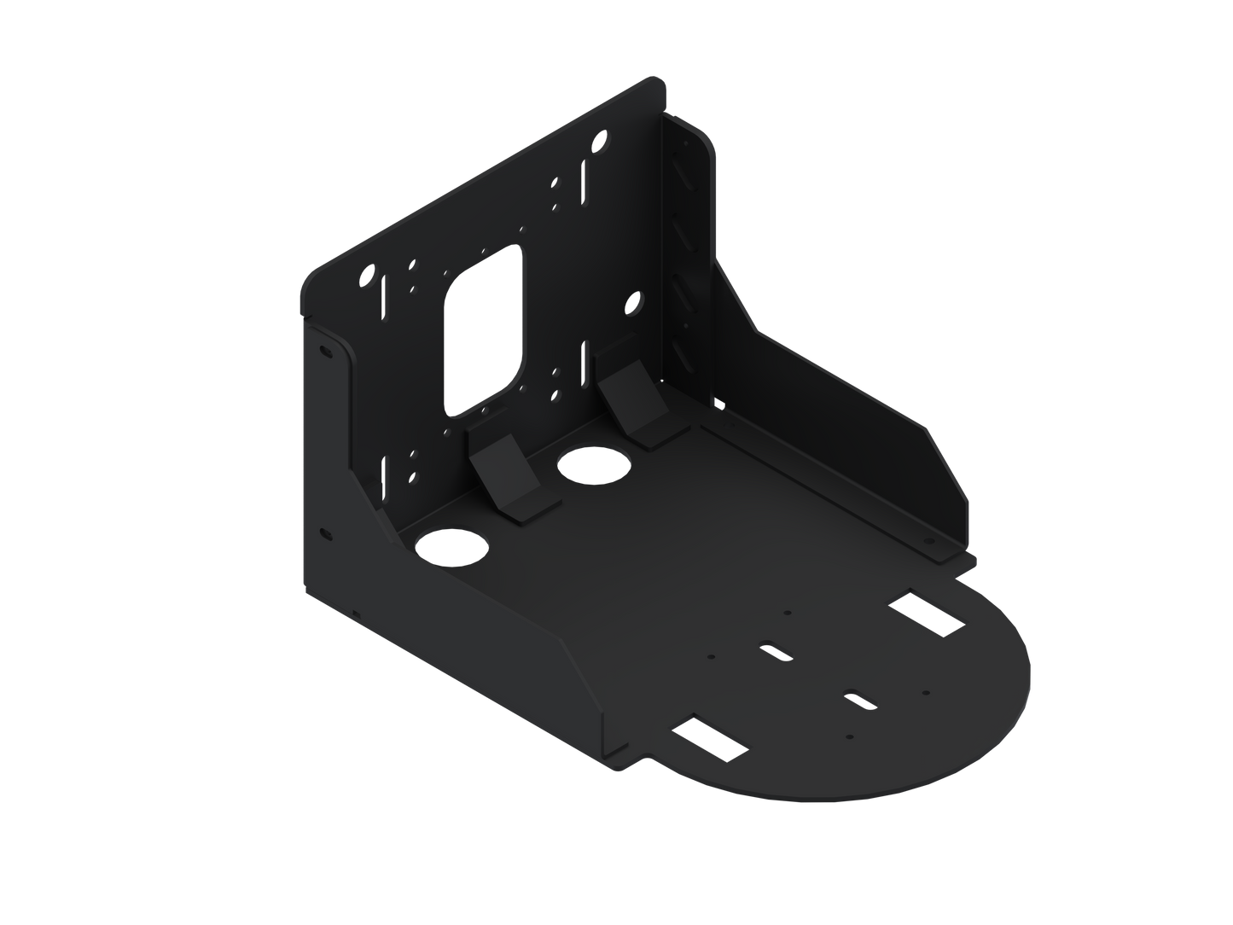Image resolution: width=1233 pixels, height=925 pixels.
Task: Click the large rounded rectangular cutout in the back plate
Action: [x=484, y=329]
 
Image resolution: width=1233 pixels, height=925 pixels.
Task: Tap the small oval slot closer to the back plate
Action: [x=777, y=650]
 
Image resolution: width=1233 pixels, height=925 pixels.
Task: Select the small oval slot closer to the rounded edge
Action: [x=858, y=696]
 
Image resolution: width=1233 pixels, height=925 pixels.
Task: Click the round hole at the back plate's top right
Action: [x=602, y=137]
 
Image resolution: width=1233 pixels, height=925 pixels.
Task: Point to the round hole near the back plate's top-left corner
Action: [x=369, y=276]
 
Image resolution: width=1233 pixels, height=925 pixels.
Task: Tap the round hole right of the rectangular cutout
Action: [x=635, y=301]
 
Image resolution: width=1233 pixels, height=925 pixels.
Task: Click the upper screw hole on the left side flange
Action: [x=325, y=351]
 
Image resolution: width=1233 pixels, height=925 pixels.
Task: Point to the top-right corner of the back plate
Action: [x=661, y=79]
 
